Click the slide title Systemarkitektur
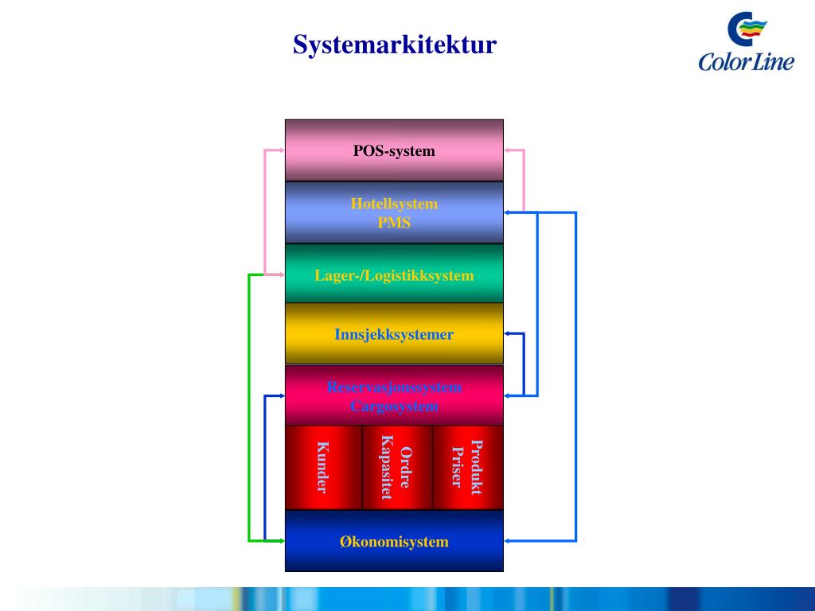(x=394, y=45)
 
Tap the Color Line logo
(x=746, y=43)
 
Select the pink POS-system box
(x=394, y=150)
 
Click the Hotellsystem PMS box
(x=394, y=212)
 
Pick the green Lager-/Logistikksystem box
(x=394, y=275)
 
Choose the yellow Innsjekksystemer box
(x=394, y=334)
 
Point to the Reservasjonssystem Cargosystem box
(x=394, y=396)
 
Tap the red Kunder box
(x=323, y=467)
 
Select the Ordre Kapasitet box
(x=396, y=467)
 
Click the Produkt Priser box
(x=468, y=467)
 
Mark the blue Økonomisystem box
(x=394, y=542)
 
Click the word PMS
(x=394, y=223)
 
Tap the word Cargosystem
(x=394, y=407)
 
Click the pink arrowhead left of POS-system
(x=281, y=150)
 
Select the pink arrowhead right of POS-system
(x=508, y=150)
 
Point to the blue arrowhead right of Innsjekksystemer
(x=508, y=334)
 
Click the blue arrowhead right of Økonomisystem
(x=508, y=542)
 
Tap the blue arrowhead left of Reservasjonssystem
(x=281, y=396)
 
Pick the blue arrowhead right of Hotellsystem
(x=508, y=212)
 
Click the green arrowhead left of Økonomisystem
(x=281, y=541)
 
